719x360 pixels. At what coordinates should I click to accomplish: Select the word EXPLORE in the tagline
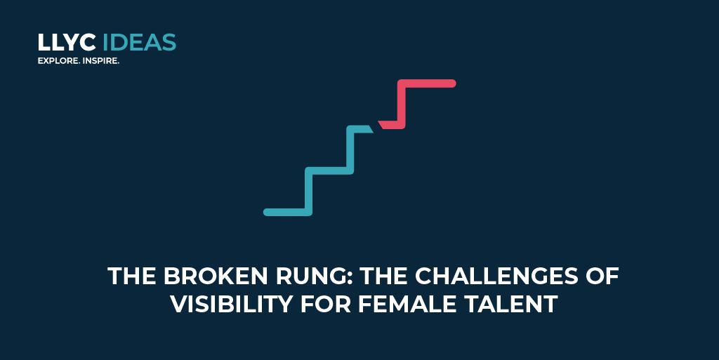57,62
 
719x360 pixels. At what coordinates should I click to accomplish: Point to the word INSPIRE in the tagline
100,62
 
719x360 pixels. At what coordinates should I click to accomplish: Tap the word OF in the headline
602,276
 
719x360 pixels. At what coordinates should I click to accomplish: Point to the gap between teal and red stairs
376,126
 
